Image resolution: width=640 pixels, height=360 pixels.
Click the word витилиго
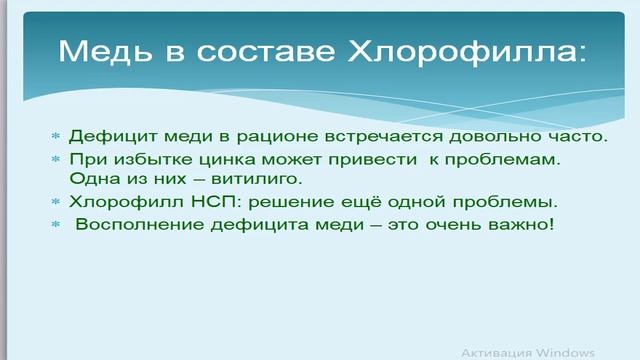[230, 179]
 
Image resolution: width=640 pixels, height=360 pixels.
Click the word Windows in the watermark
[565, 352]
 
